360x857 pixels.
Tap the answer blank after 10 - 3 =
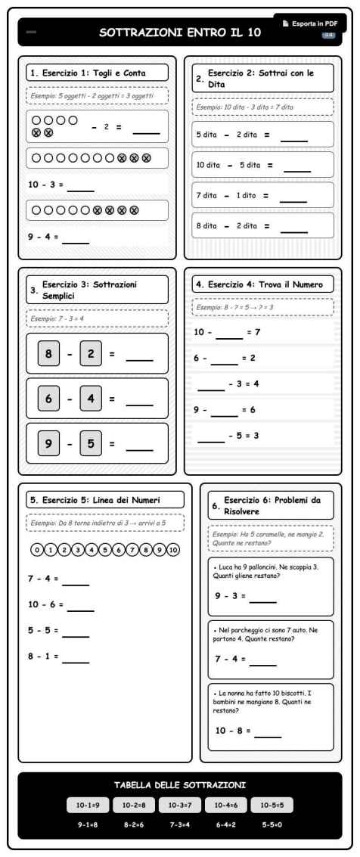(x=81, y=188)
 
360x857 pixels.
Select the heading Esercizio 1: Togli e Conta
(x=96, y=73)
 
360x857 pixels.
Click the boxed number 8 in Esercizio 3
(x=49, y=353)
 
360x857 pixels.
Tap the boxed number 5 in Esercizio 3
(x=92, y=443)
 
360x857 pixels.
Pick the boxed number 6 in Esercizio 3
(x=49, y=398)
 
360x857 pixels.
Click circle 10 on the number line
(x=173, y=550)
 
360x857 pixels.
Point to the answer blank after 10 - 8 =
(x=268, y=735)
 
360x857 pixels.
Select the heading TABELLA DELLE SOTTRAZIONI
(x=179, y=786)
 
